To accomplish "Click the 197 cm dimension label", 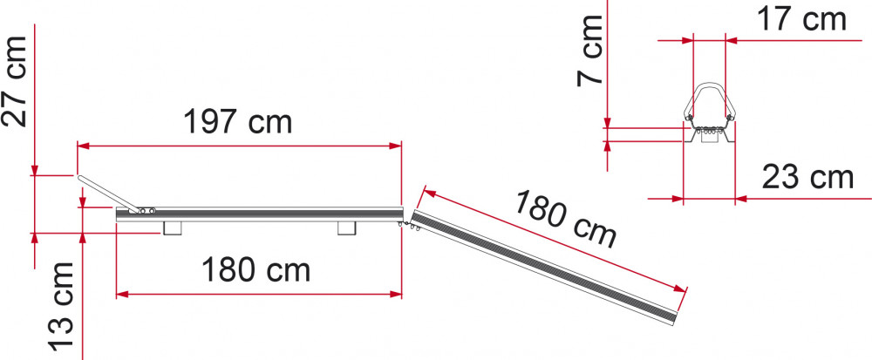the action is click(x=237, y=122).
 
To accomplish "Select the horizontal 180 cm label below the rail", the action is click(x=255, y=270).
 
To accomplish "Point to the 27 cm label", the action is click(x=15, y=81).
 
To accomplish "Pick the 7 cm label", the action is click(x=590, y=50).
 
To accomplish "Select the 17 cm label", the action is click(x=801, y=20).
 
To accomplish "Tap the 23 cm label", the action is click(x=807, y=178).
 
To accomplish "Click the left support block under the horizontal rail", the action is click(x=173, y=228).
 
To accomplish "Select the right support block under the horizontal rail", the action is click(x=347, y=228).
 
